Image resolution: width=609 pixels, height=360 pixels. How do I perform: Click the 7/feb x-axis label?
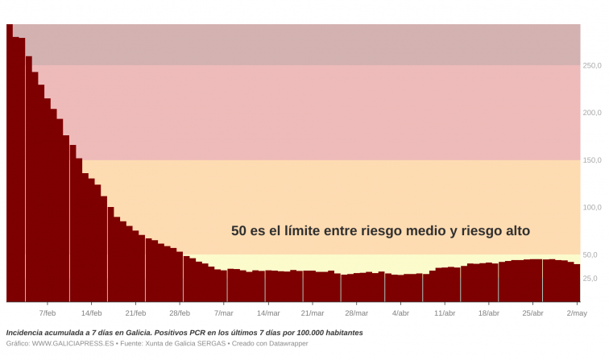pyautogui.click(x=47, y=312)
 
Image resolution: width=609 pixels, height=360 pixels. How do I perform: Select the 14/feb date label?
pyautogui.click(x=91, y=312)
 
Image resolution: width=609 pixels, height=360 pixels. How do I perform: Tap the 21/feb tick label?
pyautogui.click(x=135, y=312)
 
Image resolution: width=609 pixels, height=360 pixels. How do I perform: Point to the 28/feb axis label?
pyautogui.click(x=180, y=312)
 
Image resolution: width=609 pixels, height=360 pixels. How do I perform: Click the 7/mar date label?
pyautogui.click(x=223, y=312)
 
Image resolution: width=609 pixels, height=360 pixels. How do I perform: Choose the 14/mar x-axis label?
pyautogui.click(x=267, y=312)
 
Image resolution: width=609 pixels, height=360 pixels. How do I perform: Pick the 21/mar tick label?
pyautogui.click(x=312, y=312)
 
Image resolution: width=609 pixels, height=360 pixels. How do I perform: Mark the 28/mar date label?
pyautogui.click(x=356, y=312)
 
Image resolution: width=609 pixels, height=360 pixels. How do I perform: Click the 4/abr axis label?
pyautogui.click(x=400, y=312)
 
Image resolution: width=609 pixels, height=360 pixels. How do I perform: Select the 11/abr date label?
pyautogui.click(x=445, y=312)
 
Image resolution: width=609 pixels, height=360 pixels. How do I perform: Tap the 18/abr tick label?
pyautogui.click(x=489, y=312)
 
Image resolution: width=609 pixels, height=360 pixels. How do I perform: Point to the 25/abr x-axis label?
pyautogui.click(x=532, y=312)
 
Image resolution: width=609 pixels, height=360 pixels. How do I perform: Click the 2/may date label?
pyautogui.click(x=577, y=312)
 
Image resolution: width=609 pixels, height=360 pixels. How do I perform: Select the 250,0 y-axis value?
pyautogui.click(x=592, y=65)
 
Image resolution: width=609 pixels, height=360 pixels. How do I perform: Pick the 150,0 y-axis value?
pyautogui.click(x=592, y=160)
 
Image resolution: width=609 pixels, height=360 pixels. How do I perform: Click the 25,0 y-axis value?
pyautogui.click(x=590, y=279)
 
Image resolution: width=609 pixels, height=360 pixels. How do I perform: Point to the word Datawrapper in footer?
pyautogui.click(x=287, y=343)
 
